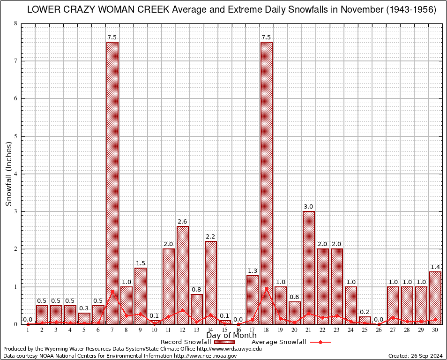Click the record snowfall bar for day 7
pos(112,183)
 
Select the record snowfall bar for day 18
pos(267,183)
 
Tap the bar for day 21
pos(309,267)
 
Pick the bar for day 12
pos(183,275)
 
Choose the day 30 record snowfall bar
pos(435,298)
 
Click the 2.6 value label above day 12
pos(183,221)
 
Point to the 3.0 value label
pos(309,206)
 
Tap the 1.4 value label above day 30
pos(435,267)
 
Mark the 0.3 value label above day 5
pos(84,308)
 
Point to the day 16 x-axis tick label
pos(238,330)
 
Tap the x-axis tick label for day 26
pos(379,330)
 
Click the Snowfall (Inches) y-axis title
pos(9,174)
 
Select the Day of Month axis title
pos(231,335)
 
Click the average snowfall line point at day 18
pos(267,288)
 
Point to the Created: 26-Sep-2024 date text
pos(416,356)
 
